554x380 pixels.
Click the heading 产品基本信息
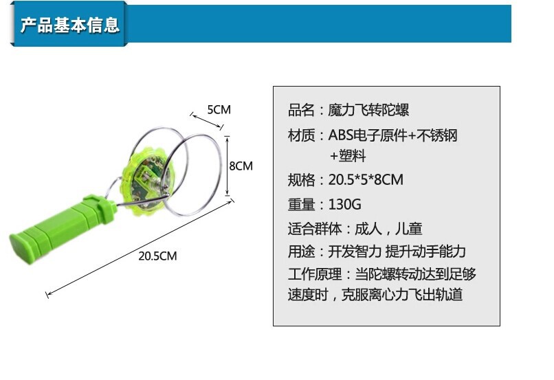pyautogui.click(x=70, y=25)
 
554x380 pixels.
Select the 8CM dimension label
pyautogui.click(x=241, y=166)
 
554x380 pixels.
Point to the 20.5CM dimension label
pyautogui.click(x=157, y=256)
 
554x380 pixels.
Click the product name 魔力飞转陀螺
pyautogui.click(x=369, y=110)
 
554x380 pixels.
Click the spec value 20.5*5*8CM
pyautogui.click(x=366, y=180)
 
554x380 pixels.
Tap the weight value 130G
pyautogui.click(x=344, y=205)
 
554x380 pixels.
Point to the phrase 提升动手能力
pyautogui.click(x=426, y=252)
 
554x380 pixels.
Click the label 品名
pyautogui.click(x=301, y=110)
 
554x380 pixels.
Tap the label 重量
pyautogui.click(x=301, y=205)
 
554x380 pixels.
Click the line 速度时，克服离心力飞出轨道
pyautogui.click(x=375, y=295)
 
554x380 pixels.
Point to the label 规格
pyautogui.click(x=301, y=180)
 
